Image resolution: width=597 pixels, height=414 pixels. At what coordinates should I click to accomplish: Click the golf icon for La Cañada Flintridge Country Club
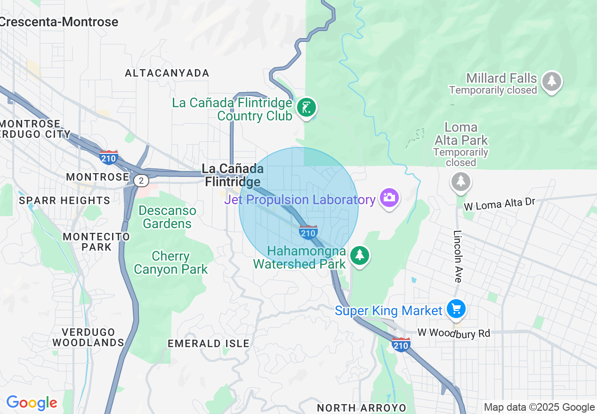(x=306, y=108)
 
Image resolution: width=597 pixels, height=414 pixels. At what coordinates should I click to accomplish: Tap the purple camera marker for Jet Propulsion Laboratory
(x=389, y=198)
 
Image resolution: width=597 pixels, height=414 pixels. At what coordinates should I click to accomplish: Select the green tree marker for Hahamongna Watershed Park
(x=360, y=255)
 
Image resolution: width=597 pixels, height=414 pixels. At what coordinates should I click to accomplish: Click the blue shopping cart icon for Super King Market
(x=456, y=309)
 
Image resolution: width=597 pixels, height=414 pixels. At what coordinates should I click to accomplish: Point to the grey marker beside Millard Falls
(x=552, y=81)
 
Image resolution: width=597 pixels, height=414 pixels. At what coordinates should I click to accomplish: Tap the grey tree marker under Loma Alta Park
(x=460, y=181)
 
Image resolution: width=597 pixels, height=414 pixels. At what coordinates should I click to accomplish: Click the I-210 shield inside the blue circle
(x=308, y=232)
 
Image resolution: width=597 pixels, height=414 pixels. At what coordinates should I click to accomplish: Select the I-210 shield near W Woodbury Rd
(x=401, y=345)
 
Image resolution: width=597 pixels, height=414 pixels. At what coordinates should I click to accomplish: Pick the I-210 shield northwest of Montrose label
(x=108, y=158)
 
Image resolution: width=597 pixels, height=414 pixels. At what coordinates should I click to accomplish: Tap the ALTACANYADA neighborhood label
(x=167, y=73)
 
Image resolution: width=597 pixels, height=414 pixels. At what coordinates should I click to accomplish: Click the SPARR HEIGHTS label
(x=65, y=201)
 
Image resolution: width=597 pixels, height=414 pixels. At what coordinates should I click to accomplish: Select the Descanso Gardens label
(x=167, y=217)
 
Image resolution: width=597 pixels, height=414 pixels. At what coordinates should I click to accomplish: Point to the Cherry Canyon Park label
(x=170, y=263)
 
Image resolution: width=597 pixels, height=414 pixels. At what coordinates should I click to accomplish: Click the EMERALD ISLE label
(x=209, y=344)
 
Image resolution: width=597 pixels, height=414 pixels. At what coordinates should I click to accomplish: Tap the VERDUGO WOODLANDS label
(x=88, y=337)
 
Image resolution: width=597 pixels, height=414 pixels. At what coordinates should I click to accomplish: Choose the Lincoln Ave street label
(x=458, y=256)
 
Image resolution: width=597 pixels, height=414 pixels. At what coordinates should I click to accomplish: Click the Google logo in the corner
(x=32, y=403)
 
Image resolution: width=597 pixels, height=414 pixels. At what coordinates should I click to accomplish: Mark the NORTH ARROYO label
(x=361, y=407)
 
